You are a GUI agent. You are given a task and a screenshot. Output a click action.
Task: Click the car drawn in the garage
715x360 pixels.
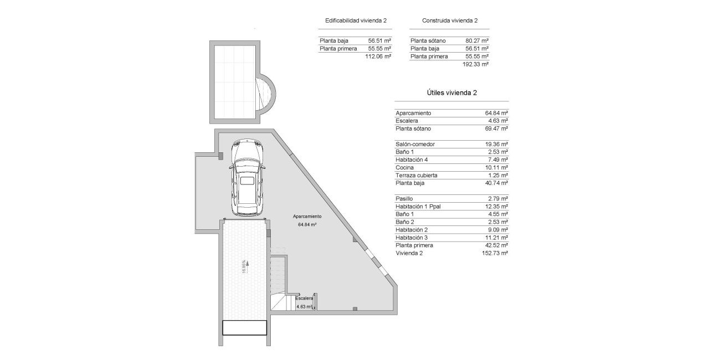click(248, 178)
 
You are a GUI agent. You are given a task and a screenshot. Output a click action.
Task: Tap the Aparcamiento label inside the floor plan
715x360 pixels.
click(307, 217)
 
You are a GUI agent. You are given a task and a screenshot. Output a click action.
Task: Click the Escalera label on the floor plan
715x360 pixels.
click(304, 298)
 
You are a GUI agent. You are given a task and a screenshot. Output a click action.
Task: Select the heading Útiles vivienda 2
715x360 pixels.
click(451, 93)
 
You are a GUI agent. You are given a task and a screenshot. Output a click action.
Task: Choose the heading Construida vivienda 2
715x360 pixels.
click(450, 20)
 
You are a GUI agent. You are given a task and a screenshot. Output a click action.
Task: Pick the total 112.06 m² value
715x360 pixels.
click(378, 56)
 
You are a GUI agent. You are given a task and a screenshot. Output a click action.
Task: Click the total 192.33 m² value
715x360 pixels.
click(475, 64)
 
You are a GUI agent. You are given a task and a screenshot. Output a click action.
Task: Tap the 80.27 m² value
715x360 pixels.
click(477, 40)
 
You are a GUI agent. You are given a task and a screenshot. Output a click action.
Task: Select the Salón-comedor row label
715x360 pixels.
click(415, 144)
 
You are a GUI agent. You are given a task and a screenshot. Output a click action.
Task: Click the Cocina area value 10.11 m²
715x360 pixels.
click(496, 167)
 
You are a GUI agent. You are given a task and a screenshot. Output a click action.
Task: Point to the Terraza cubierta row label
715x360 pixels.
click(416, 175)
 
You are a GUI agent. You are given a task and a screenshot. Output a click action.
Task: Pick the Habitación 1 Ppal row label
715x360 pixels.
click(422, 206)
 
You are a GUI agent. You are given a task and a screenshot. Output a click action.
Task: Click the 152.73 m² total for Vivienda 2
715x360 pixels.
click(495, 253)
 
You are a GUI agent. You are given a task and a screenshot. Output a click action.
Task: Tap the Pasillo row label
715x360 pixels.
click(404, 198)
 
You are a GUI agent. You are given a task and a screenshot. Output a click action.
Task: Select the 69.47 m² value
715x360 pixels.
click(496, 128)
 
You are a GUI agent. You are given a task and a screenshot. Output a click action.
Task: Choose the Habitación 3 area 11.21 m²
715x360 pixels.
click(496, 237)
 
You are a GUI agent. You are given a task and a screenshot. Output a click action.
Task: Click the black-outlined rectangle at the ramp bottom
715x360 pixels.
click(245, 327)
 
